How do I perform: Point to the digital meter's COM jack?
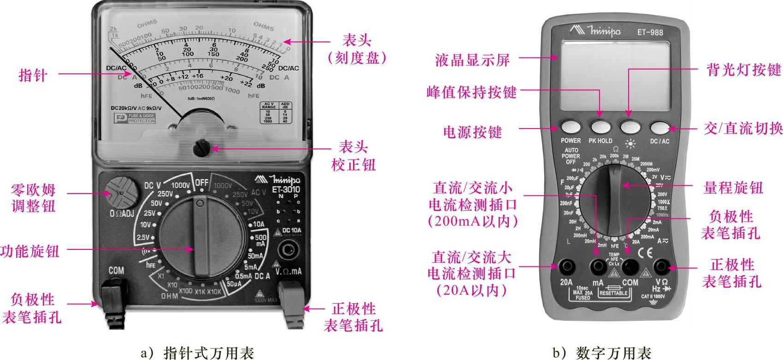click(x=630, y=266)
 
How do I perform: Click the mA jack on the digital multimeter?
click(x=598, y=266)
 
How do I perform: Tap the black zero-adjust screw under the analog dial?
click(x=201, y=148)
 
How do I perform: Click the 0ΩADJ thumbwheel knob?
click(x=121, y=191)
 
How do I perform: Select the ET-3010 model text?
click(x=285, y=189)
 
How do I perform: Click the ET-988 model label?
click(x=650, y=32)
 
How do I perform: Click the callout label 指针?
click(x=33, y=75)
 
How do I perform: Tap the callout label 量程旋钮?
click(x=733, y=188)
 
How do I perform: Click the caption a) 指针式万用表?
click(x=197, y=353)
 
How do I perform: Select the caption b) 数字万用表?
click(x=601, y=353)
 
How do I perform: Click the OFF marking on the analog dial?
click(x=201, y=183)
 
